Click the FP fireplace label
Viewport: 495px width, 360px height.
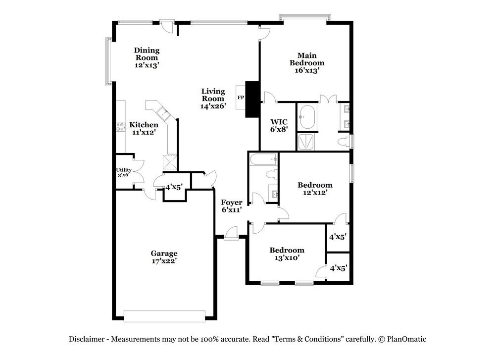pos(241,98)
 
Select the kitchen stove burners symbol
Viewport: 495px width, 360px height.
pos(120,127)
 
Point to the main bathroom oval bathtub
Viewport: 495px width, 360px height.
pos(307,117)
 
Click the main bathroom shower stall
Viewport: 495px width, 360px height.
pos(305,142)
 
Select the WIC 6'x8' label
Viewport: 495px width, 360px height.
pos(279,125)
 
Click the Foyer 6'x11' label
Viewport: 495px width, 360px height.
pos(232,206)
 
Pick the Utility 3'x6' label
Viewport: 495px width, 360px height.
pos(124,172)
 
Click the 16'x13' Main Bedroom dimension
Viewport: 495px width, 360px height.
pos(307,70)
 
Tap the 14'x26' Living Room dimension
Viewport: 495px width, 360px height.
pos(213,106)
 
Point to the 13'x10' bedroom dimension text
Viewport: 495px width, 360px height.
pos(287,257)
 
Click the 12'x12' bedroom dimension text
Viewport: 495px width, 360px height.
pos(315,192)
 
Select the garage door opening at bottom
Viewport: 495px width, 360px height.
pos(164,316)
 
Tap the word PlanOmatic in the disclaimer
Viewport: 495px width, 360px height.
pos(406,340)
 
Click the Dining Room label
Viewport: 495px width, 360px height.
pos(147,53)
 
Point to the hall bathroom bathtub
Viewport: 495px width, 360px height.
pos(264,159)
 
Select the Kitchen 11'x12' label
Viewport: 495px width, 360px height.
pos(144,129)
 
